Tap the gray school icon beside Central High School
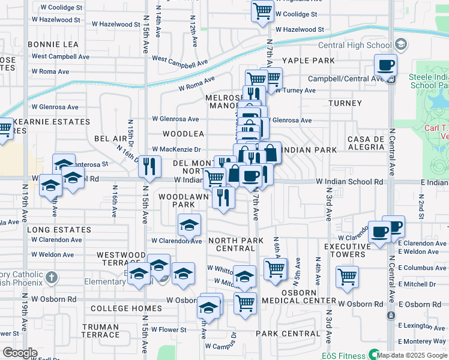401,45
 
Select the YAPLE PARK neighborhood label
309,61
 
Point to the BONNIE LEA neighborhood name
53,44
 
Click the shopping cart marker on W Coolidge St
262,11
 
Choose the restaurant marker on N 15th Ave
149,166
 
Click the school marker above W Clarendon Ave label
189,226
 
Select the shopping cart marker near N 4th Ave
347,277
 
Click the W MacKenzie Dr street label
176,149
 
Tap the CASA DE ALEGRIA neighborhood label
366,143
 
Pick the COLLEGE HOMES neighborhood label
126,308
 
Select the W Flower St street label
169,329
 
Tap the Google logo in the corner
20,352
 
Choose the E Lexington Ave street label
423,325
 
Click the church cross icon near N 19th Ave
52,278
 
